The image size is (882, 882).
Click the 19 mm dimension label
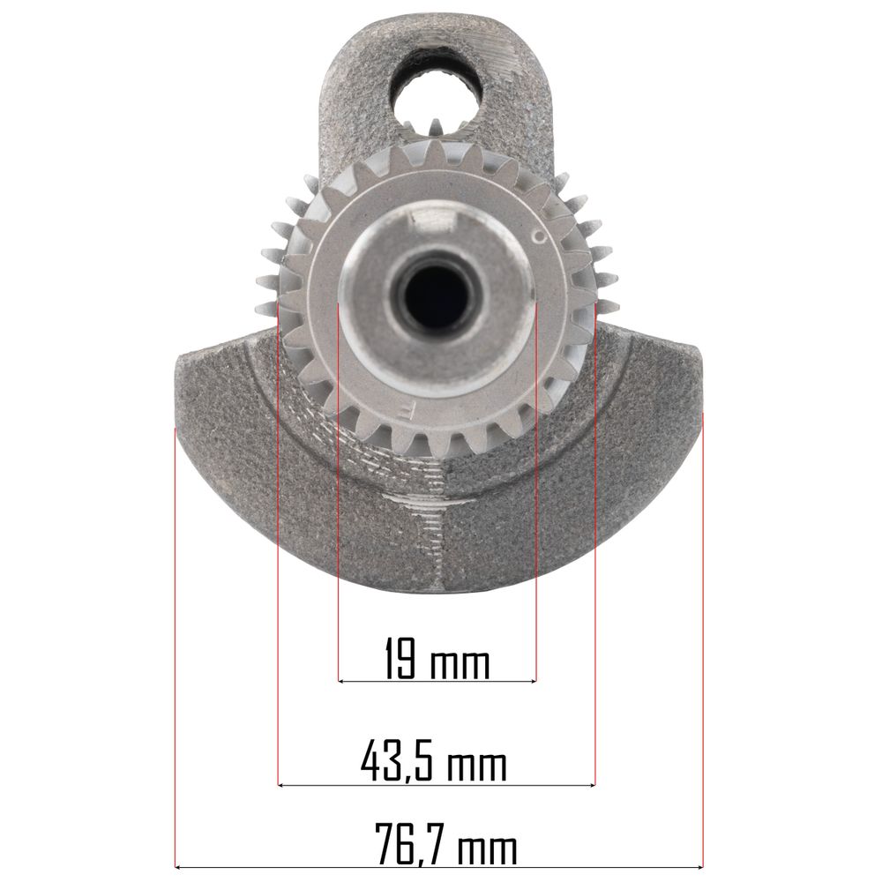click(x=437, y=658)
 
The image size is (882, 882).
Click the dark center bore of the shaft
click(x=436, y=294)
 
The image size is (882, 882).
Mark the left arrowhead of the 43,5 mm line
click(x=281, y=785)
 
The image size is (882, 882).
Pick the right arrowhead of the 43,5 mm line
click(x=591, y=785)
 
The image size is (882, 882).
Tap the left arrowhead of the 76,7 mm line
click(x=179, y=867)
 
